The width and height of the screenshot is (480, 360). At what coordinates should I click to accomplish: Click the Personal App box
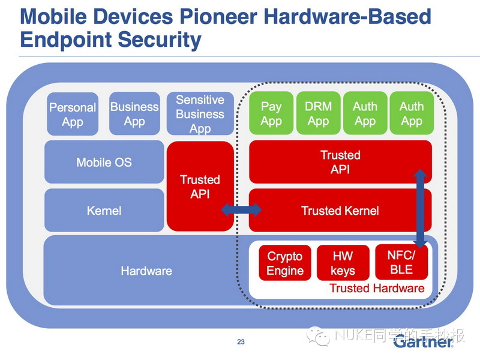(73, 114)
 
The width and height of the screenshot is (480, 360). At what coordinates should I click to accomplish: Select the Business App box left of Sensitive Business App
(134, 113)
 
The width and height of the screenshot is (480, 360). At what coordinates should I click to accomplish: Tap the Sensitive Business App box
(200, 113)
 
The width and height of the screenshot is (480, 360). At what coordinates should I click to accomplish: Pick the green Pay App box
(271, 113)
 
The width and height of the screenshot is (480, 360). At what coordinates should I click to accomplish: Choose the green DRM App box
(319, 113)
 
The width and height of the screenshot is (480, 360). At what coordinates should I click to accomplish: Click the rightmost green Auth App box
(412, 113)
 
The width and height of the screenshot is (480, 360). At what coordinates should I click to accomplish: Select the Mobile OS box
(104, 162)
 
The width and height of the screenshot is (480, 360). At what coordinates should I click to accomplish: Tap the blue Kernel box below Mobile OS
(104, 211)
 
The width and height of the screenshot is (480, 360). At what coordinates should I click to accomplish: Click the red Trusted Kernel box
(340, 211)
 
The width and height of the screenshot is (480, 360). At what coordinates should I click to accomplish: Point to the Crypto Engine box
(285, 263)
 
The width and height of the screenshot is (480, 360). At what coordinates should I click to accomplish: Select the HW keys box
(343, 263)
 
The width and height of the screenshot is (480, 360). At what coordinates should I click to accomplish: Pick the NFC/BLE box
(401, 262)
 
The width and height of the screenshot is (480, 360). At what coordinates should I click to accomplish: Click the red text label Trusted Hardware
(377, 288)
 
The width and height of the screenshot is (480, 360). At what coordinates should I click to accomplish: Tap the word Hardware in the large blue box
(146, 271)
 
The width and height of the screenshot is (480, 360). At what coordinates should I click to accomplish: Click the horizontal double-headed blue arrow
(241, 210)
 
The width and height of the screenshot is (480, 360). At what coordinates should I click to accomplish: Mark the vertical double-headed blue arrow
(421, 208)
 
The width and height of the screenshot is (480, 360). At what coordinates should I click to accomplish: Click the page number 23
(241, 342)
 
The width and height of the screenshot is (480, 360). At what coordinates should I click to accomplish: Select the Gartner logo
(423, 341)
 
